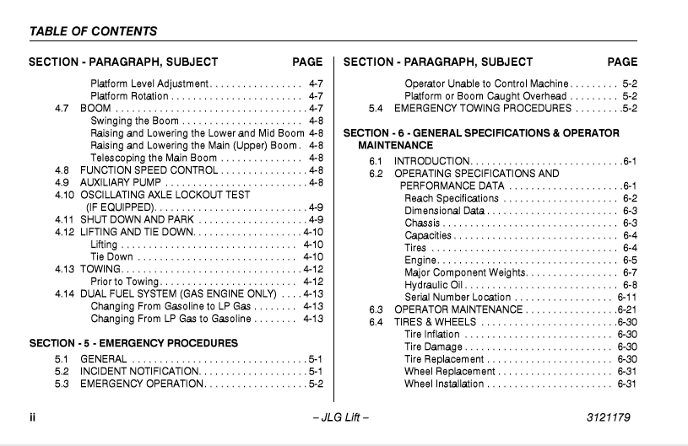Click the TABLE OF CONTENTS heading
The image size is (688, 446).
click(x=93, y=31)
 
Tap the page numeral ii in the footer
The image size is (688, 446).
click(x=32, y=417)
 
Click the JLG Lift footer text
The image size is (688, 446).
click(x=340, y=417)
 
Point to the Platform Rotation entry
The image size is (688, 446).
click(x=129, y=96)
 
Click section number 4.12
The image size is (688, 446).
click(x=64, y=232)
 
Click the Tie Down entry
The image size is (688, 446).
click(x=111, y=256)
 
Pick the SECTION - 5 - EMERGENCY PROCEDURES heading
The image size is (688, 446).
click(x=133, y=343)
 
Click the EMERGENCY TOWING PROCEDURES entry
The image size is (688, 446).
click(x=483, y=108)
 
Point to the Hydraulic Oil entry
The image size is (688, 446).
click(x=435, y=285)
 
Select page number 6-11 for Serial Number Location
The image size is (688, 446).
click(x=626, y=297)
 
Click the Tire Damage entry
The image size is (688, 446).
click(x=433, y=347)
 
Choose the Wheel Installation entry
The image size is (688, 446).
click(x=444, y=384)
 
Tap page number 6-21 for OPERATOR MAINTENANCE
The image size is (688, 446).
click(x=626, y=309)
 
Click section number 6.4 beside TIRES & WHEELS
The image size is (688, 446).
click(x=376, y=322)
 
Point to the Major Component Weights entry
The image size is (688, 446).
click(x=465, y=272)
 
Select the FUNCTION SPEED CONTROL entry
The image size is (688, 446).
click(x=149, y=170)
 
